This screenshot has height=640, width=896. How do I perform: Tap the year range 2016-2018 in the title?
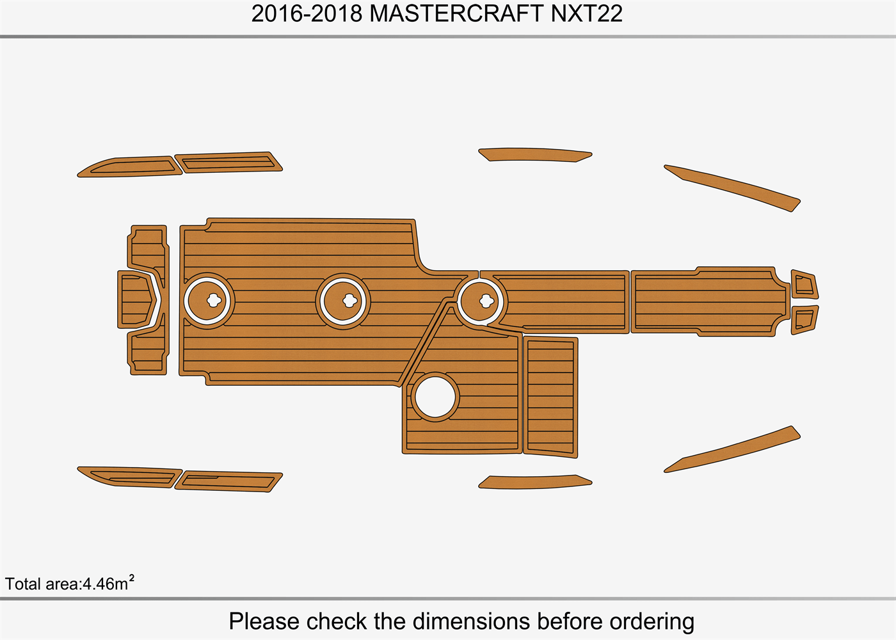(x=307, y=13)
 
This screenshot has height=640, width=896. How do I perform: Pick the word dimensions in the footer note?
(x=471, y=621)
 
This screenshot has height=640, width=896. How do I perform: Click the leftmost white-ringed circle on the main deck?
(x=209, y=300)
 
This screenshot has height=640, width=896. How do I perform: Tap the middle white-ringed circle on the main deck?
(x=343, y=300)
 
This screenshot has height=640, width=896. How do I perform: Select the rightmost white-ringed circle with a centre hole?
(x=482, y=300)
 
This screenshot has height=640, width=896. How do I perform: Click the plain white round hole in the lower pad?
(x=435, y=397)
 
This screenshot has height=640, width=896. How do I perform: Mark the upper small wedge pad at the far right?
(x=804, y=285)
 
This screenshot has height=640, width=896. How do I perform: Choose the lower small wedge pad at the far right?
(x=804, y=319)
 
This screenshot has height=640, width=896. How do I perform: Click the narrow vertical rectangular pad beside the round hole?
(x=550, y=397)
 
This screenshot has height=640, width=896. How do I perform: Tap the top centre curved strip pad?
(x=534, y=154)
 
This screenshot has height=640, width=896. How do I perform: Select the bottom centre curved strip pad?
(x=534, y=481)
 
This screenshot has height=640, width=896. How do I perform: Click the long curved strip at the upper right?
(x=733, y=187)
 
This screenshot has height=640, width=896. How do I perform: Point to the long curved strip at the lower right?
(x=733, y=450)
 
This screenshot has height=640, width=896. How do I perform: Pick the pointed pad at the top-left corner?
(x=128, y=166)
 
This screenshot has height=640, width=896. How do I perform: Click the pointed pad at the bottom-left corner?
(x=128, y=477)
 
